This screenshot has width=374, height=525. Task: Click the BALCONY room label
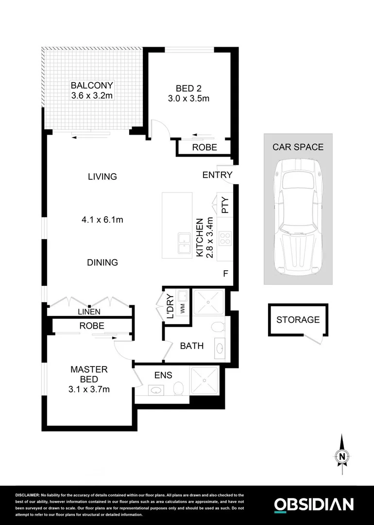[92, 86]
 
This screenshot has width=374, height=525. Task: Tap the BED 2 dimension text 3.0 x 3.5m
[188, 99]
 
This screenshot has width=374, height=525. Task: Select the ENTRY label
[217, 175]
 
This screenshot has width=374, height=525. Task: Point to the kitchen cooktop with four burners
[226, 239]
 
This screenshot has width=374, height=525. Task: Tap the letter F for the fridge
[225, 273]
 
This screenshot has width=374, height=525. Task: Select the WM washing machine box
[182, 307]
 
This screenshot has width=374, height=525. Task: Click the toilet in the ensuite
[178, 388]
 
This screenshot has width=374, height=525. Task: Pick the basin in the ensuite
[156, 390]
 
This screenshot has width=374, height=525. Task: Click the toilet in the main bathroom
[218, 326]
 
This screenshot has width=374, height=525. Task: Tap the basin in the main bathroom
[219, 348]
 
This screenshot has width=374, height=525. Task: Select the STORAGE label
[298, 320]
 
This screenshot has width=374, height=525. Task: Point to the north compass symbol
[342, 455]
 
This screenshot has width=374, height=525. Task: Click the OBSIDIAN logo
[314, 504]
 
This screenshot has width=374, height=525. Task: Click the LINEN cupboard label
[89, 312]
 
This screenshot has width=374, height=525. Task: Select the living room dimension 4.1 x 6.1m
[102, 220]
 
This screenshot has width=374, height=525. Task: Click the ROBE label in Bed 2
[204, 148]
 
